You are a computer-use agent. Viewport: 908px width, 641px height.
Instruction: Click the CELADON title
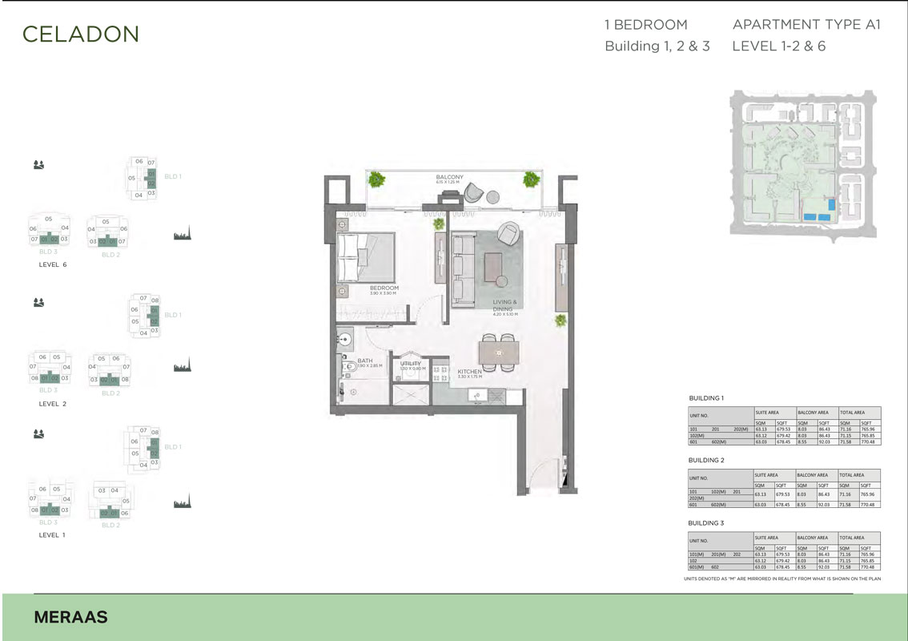point(81,34)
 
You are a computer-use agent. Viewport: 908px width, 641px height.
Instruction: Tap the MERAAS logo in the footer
point(71,617)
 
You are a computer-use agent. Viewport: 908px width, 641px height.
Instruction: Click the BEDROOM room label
point(384,288)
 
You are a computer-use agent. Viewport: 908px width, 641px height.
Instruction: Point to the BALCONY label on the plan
point(450,177)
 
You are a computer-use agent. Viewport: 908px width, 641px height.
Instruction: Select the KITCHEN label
point(468,372)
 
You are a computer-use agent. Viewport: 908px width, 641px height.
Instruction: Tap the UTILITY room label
point(410,364)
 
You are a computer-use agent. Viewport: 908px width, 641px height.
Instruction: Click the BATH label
point(365,361)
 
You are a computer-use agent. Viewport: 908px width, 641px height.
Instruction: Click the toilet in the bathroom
point(347,368)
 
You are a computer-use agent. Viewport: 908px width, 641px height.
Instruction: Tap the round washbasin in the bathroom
point(344,339)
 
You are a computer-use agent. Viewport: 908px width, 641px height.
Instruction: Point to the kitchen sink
point(473,395)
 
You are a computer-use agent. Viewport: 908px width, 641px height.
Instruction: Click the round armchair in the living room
point(508,233)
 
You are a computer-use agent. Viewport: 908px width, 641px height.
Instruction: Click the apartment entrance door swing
point(548,473)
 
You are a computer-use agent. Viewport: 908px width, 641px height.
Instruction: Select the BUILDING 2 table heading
point(706,461)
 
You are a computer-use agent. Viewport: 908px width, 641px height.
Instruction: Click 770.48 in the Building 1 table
point(870,441)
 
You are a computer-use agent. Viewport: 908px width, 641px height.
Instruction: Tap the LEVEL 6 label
point(52,264)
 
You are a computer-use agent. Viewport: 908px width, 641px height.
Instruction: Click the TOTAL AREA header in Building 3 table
point(853,538)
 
